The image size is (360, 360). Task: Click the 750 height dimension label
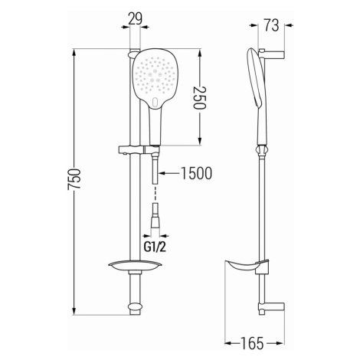[x=74, y=178]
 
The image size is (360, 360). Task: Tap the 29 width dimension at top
[x=135, y=18]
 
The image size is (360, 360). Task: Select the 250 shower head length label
[x=199, y=98]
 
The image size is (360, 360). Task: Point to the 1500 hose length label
[x=196, y=173]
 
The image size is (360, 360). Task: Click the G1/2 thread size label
[x=155, y=247]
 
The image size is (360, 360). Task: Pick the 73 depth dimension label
[x=271, y=25]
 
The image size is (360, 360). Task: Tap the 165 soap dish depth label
[x=251, y=343]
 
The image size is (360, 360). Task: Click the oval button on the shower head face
[x=155, y=103]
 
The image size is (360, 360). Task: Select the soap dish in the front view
[x=136, y=266]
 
